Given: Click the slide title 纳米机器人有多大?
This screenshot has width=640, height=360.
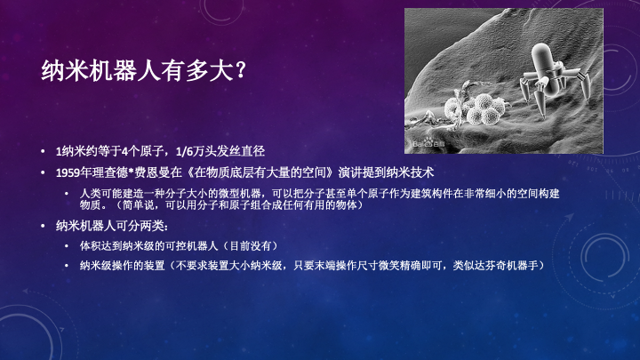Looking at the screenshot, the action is point(144,70).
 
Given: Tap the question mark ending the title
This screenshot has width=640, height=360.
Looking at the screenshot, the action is point(241,70).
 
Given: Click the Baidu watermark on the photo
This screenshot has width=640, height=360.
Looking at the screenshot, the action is point(428,144).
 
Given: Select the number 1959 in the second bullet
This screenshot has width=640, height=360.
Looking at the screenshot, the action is point(68,172).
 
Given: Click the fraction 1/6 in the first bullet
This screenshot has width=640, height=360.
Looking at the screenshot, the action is point(184,151).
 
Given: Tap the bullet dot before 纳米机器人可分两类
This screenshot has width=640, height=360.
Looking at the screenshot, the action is point(43,226).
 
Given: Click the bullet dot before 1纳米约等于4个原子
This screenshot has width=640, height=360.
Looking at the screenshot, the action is point(43,151).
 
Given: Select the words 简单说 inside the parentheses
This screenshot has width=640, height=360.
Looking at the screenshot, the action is point(140,205).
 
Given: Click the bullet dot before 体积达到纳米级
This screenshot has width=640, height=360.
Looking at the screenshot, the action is point(67,245).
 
